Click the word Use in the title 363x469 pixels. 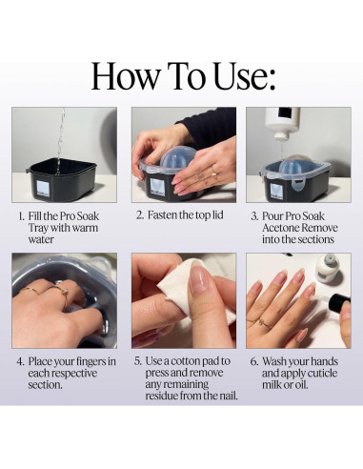point(241,76)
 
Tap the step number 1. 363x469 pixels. point(21,216)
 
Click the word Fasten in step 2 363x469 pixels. point(162,215)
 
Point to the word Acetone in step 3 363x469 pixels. point(280,228)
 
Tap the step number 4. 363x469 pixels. point(20,361)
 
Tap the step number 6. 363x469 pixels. point(253,361)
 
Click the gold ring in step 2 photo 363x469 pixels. point(214,172)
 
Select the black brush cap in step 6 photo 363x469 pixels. point(339,303)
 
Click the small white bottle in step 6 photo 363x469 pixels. point(328,269)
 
